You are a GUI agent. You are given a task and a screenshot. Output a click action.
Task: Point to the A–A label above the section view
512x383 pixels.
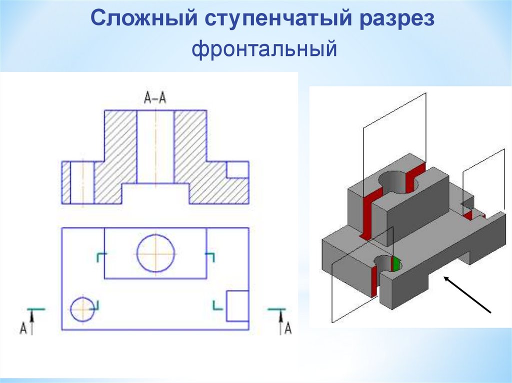pos(155,99)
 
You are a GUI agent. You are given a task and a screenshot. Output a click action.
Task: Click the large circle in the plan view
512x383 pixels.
pos(155,253)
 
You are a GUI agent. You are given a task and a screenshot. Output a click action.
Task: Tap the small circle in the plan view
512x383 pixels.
pos(82,310)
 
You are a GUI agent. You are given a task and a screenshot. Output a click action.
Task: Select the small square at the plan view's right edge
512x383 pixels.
pos(237,306)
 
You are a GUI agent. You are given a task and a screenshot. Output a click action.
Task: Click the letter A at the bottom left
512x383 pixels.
pos(23,328)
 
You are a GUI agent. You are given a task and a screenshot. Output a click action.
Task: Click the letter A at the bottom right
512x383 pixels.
pos(287,328)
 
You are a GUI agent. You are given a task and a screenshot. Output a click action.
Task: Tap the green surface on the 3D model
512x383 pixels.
pos(396,264)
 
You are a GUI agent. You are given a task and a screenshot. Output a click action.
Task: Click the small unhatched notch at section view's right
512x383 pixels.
pos(237,170)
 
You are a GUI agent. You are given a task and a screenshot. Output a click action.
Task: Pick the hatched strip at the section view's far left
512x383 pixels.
pos(65,182)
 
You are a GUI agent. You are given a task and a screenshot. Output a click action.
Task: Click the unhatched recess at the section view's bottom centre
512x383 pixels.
pos(155,194)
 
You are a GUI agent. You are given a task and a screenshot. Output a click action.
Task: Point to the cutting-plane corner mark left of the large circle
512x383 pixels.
pos(100,257)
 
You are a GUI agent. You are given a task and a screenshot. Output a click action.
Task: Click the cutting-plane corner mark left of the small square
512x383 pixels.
pos(217,305)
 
